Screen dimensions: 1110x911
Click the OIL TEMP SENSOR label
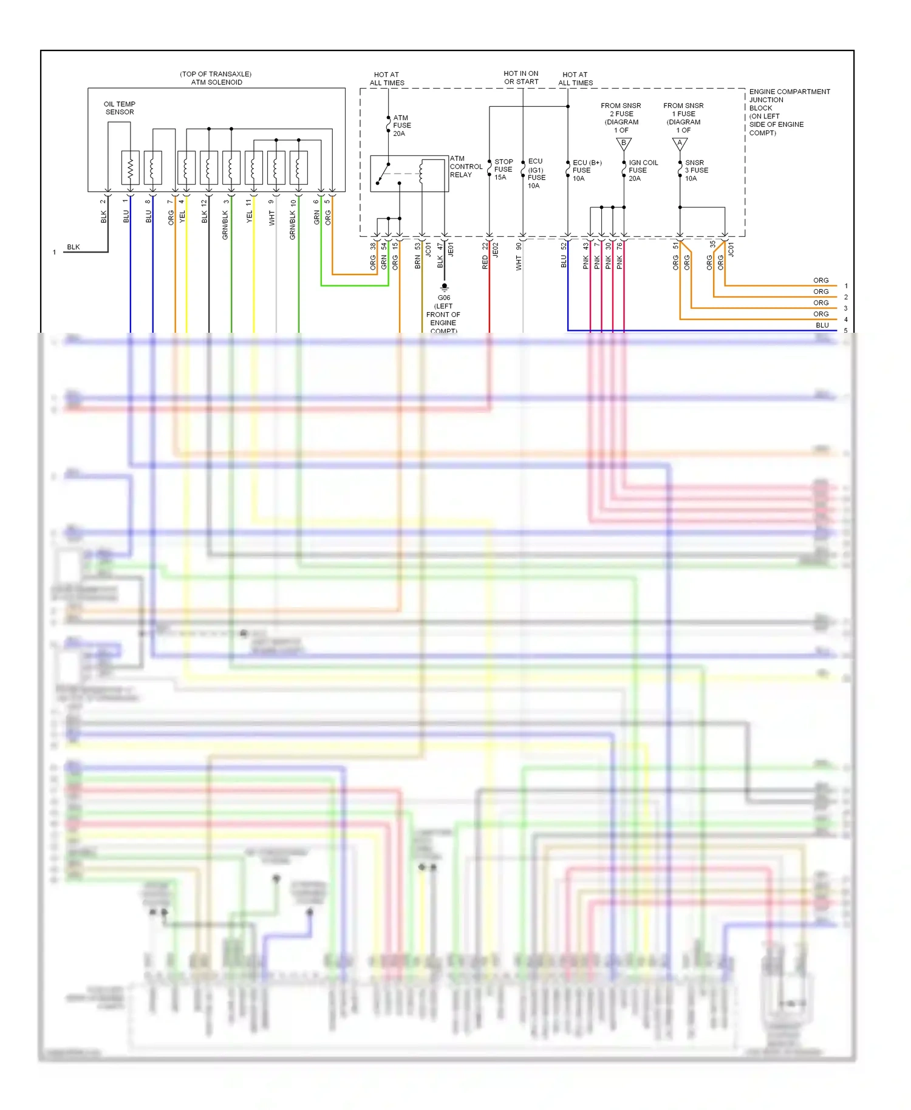pos(120,108)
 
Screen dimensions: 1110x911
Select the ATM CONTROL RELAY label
pos(466,166)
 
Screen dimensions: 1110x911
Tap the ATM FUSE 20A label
pos(401,126)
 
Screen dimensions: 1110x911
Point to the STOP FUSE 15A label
pos(503,169)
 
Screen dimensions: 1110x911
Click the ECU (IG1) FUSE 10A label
pos(536,174)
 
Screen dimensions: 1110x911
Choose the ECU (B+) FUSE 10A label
pos(586,171)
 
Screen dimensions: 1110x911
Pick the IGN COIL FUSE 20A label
pos(643,171)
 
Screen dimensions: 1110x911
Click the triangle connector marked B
pos(624,143)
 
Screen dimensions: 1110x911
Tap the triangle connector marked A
pos(680,143)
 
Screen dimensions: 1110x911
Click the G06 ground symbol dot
pos(445,286)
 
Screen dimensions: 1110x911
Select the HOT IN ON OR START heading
pos(521,77)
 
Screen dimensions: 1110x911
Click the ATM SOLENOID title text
pos(216,82)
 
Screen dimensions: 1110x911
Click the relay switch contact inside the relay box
pos(383,172)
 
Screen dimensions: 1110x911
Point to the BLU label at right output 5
pos(822,325)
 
